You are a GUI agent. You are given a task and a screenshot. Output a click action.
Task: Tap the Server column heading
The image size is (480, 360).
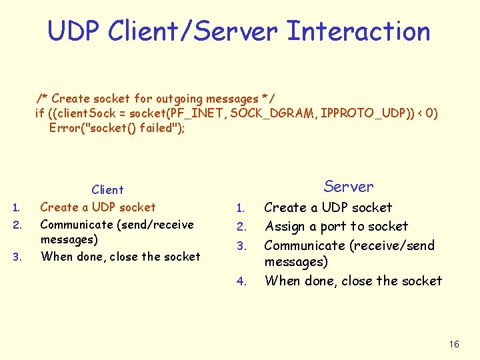tap(349, 187)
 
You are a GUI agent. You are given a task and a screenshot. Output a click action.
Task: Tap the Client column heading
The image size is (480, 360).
tap(108, 190)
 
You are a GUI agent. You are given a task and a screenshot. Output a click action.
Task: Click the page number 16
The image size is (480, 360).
tap(454, 344)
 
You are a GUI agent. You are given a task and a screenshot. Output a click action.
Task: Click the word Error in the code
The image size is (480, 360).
tap(65, 127)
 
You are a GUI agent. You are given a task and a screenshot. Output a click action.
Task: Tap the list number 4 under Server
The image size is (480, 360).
tap(241, 281)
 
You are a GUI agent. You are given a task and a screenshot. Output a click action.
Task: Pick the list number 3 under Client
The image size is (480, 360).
tap(18, 257)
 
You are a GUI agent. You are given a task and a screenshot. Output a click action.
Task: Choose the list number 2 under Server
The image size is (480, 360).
tap(243, 228)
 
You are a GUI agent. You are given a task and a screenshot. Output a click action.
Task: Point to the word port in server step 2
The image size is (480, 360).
tap(351, 227)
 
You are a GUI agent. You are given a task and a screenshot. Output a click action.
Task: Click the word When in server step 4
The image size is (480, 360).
tap(283, 281)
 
